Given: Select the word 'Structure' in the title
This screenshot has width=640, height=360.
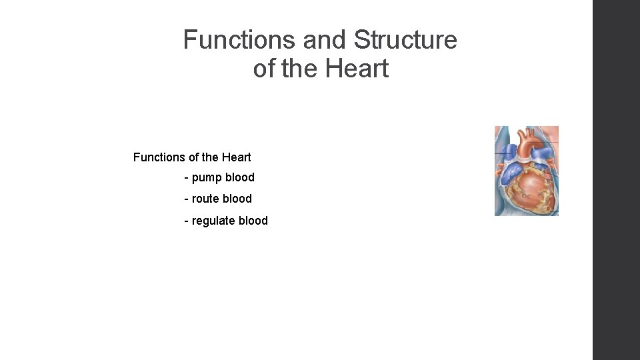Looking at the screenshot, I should click(x=405, y=41).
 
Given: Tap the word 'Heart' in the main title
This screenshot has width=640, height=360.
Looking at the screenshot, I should click(x=357, y=68).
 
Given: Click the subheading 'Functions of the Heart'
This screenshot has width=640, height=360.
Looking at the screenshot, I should click(x=192, y=157).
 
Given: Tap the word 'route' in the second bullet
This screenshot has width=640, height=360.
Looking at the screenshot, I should click(x=207, y=199).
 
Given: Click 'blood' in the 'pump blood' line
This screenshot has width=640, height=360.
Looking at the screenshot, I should click(x=240, y=178).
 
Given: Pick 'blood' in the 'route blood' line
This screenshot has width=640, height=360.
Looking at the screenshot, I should click(x=238, y=199).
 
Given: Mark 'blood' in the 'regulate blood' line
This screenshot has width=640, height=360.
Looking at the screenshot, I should click(x=254, y=221).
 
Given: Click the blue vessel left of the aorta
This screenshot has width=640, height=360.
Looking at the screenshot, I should click(x=507, y=150).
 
